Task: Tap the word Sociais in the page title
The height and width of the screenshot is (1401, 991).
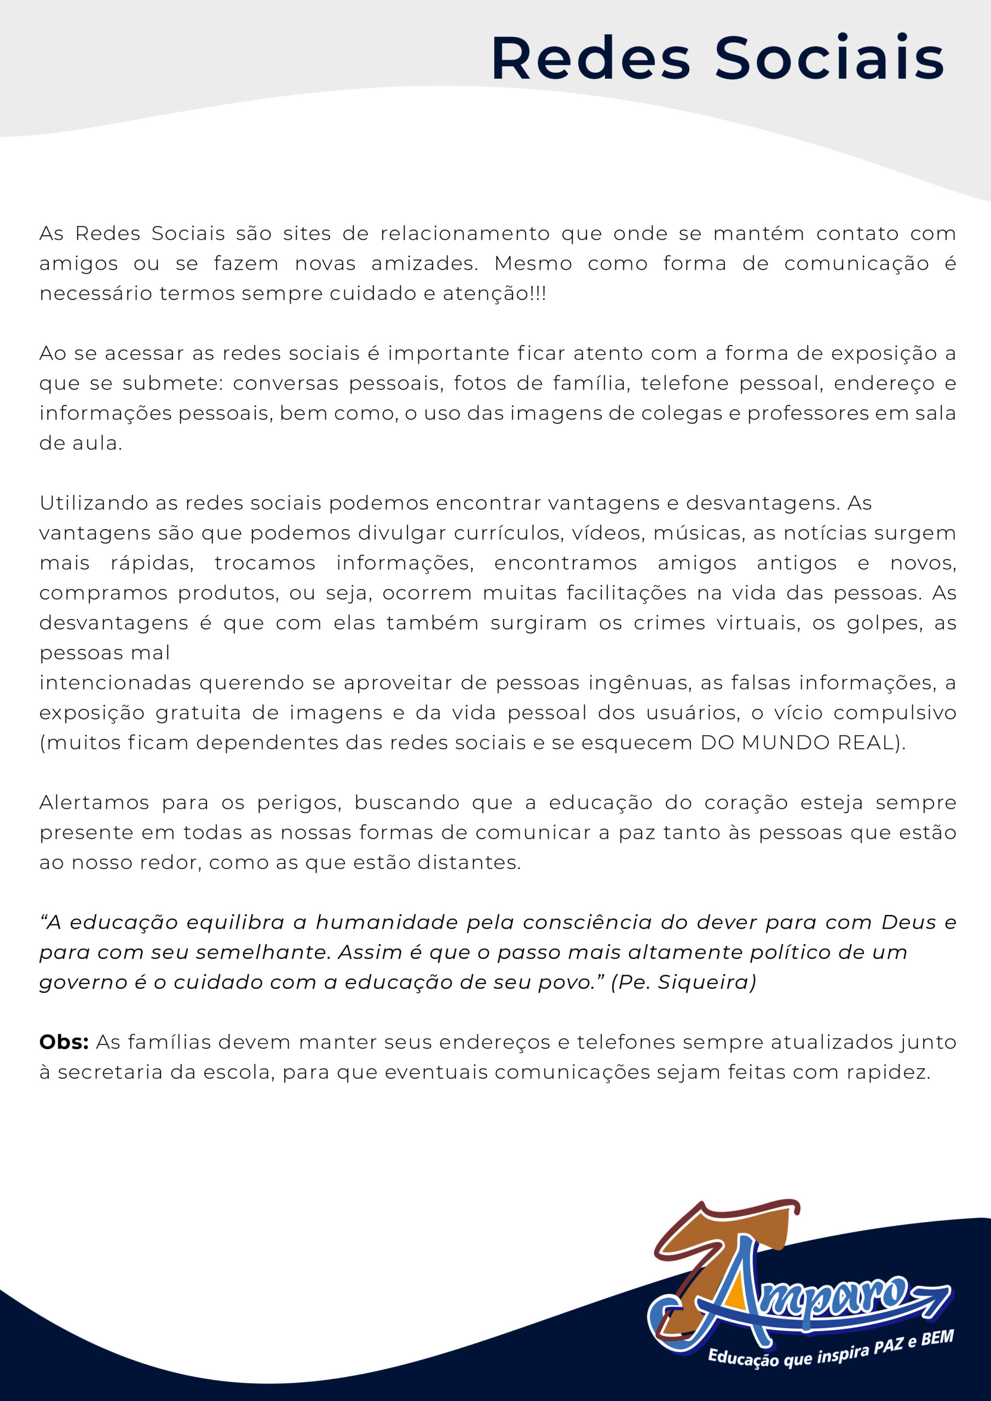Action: [829, 59]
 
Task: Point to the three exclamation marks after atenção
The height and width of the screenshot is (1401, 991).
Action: [539, 293]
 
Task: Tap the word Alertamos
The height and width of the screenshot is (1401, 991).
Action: [94, 802]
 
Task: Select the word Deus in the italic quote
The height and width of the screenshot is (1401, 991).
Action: [908, 922]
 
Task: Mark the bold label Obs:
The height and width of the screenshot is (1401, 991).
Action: [64, 1041]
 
